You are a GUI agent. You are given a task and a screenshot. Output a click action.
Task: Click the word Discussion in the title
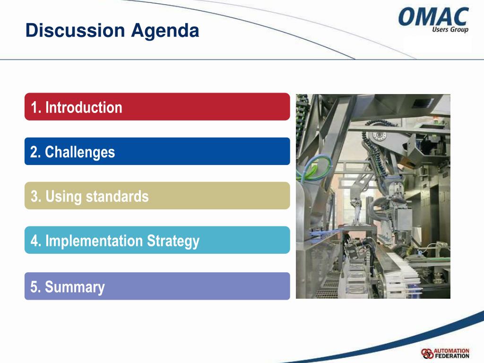[75, 30]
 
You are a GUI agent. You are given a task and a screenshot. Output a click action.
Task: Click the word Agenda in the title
[165, 31]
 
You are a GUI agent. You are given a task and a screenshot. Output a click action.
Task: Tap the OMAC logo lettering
[433, 17]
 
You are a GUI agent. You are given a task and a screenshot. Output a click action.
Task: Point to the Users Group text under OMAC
[450, 29]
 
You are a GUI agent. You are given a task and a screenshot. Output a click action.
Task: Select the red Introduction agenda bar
[157, 106]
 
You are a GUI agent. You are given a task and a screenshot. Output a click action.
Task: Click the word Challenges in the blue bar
[80, 152]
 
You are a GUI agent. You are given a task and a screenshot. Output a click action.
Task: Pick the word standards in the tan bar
[117, 196]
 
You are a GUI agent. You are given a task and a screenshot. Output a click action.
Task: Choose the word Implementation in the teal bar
[94, 241]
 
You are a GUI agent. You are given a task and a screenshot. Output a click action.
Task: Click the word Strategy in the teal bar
[173, 242]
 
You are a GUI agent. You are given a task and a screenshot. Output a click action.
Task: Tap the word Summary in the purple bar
[75, 287]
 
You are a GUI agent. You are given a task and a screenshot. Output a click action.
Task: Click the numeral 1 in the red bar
[34, 107]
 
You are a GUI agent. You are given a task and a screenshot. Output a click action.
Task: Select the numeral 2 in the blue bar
[34, 152]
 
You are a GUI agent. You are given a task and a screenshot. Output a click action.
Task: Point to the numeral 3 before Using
[34, 197]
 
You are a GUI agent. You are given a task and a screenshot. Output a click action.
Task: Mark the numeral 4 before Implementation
[34, 241]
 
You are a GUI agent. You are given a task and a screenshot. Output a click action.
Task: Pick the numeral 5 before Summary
[34, 287]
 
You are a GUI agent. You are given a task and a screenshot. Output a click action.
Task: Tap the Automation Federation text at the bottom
[451, 354]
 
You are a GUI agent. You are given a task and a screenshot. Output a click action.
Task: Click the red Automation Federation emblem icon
[427, 354]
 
